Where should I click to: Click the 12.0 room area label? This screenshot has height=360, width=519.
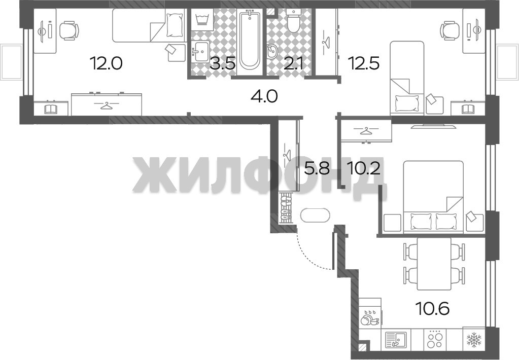click(107, 63)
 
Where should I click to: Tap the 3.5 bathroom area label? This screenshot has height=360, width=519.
click(222, 63)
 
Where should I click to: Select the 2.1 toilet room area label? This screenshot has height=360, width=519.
click(293, 63)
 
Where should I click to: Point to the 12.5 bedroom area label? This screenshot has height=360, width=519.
click(363, 63)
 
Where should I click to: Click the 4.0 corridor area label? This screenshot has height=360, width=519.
click(264, 97)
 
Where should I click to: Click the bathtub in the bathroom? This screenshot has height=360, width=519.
click(250, 40)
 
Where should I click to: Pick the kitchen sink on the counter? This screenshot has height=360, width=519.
click(396, 339)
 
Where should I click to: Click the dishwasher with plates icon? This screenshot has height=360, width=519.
click(370, 317)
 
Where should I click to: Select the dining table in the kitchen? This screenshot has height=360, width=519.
click(434, 264)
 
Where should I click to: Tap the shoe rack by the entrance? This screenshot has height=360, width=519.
click(285, 208)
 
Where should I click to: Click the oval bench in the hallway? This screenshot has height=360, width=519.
click(315, 215)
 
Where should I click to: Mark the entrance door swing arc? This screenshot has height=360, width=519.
click(311, 255)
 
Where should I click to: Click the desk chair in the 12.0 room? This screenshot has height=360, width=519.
click(69, 31)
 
